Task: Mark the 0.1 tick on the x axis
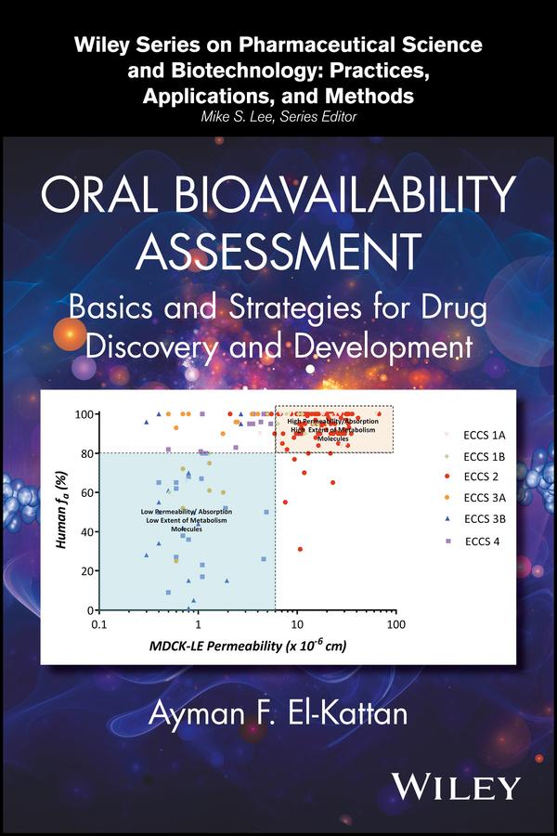pyautogui.click(x=100, y=625)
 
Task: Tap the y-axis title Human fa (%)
pyautogui.click(x=61, y=512)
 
